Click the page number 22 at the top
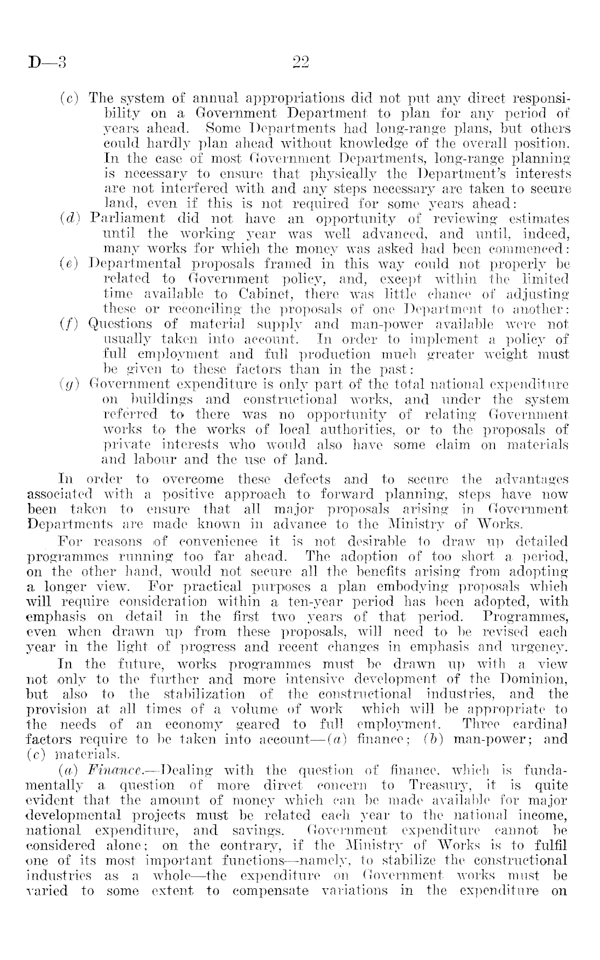[x=299, y=63]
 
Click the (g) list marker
[x=69, y=385]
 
